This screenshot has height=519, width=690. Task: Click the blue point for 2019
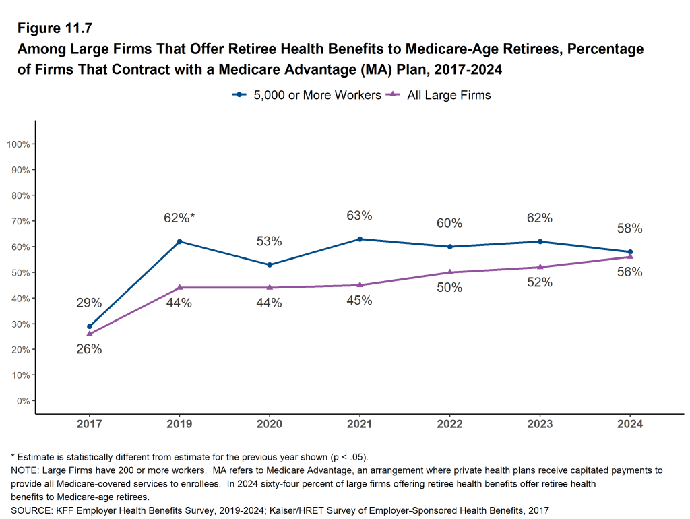tap(179, 241)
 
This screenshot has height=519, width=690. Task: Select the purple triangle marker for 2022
tap(449, 272)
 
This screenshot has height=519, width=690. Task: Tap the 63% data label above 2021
tap(359, 216)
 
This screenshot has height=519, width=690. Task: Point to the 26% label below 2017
tap(89, 349)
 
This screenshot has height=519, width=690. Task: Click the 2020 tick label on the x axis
tap(270, 424)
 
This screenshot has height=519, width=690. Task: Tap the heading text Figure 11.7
tap(55, 28)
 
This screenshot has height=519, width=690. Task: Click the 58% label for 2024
tap(630, 228)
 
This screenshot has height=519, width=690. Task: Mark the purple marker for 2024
tap(630, 257)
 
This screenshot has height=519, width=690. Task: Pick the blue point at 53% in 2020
tap(270, 265)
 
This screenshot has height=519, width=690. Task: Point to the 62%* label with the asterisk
tap(179, 218)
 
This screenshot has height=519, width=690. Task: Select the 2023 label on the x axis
tap(540, 424)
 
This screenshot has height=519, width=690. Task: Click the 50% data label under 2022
tap(449, 288)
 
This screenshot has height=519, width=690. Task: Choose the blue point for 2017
tap(90, 326)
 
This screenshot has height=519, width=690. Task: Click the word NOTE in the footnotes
tap(24, 470)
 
